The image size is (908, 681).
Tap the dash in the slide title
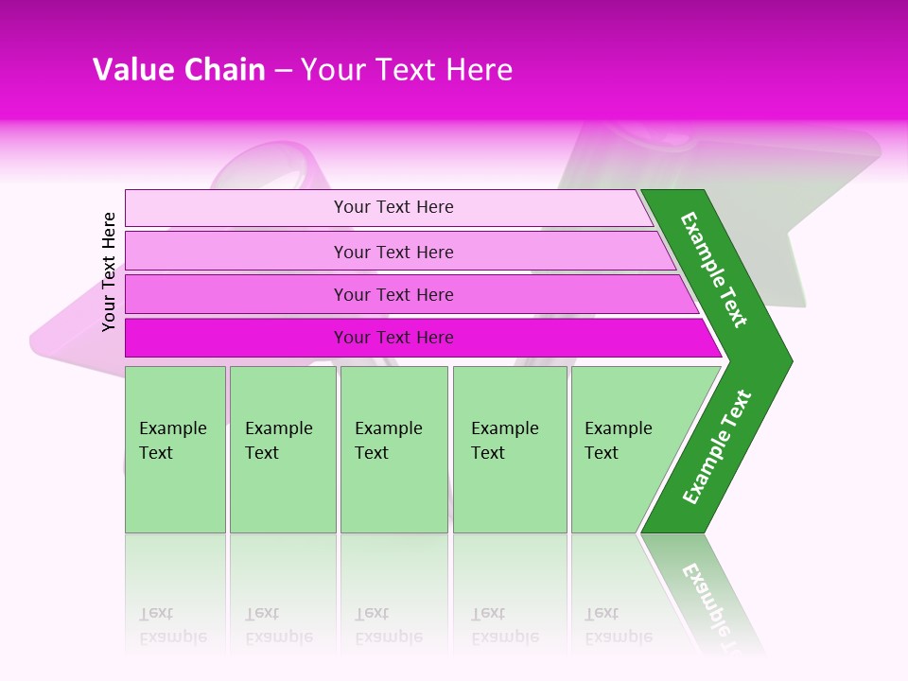284,71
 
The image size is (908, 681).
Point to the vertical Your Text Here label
109,271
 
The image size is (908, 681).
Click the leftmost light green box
175,449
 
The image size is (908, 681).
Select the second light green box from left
282,449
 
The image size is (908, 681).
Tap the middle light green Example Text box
393,449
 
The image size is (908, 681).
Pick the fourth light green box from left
510,449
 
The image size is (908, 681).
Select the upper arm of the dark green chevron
714,270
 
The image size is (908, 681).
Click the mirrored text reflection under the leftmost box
173,624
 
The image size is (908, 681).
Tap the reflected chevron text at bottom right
709,601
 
